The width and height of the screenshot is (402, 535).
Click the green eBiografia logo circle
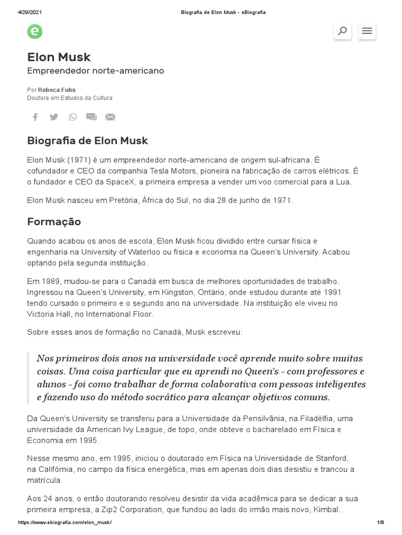point(35,31)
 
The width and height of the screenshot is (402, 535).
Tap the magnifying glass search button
point(342,31)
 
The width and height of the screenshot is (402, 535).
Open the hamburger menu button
point(367,31)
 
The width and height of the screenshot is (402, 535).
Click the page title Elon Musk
point(59,57)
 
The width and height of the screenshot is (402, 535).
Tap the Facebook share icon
point(35,117)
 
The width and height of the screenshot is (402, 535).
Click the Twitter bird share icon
point(54,117)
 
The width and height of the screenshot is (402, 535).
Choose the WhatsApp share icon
point(73,117)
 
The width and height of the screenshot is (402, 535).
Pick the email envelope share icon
point(110,117)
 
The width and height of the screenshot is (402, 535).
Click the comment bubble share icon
point(92,117)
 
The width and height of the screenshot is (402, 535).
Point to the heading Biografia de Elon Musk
point(87,141)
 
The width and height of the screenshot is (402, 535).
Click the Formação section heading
point(54,222)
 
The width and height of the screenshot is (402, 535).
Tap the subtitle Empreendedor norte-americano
point(95,71)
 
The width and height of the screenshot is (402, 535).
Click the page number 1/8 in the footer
point(380,522)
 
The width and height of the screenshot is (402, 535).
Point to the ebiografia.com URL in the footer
point(65,522)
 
